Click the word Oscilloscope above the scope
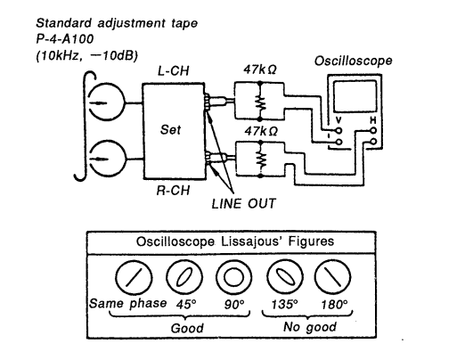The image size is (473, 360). pos(354,61)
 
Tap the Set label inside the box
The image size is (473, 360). pos(170,130)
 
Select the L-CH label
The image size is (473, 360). pos(174,71)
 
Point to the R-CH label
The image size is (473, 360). pos(173,191)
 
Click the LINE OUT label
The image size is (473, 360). pos(243,204)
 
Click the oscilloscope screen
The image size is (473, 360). pos(355,96)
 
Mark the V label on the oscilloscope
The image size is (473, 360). pos(338,120)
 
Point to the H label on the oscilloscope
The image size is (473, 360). pos(373,120)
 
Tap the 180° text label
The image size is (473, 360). pos(334,305)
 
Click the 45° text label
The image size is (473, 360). pos(186,304)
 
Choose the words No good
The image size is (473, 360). pos(310,327)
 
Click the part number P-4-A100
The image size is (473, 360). pos(65,39)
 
